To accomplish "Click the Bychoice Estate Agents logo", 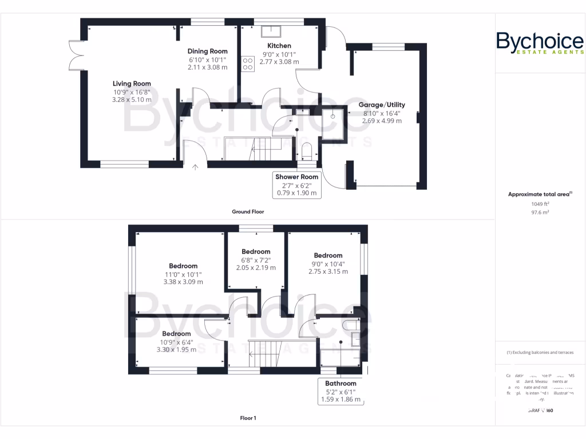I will (540, 43).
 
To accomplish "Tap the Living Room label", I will (132, 84).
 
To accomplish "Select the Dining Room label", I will (208, 51).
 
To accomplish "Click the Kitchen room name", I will (279, 46).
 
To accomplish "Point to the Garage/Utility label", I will (382, 105).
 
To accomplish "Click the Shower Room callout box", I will (296, 185).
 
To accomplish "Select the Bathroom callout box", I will (340, 392).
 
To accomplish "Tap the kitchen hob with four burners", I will (248, 63).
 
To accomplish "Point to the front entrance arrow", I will (196, 167).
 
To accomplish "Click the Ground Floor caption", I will (248, 211).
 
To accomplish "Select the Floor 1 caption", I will (248, 418).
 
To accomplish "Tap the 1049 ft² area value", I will (540, 204).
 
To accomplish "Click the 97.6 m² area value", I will (540, 212).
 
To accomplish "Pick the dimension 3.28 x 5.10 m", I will (132, 100).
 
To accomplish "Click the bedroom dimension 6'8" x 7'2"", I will (256, 260).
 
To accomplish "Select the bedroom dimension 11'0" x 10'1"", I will (183, 274).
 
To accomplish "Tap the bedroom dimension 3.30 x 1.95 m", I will (176, 349).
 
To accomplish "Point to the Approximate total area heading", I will (540, 194).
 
